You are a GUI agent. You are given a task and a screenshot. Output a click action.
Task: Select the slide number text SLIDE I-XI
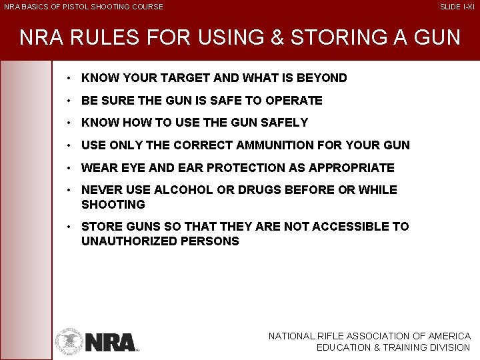click(x=457, y=7)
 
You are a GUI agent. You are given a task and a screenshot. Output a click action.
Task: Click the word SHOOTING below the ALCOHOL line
click(x=113, y=205)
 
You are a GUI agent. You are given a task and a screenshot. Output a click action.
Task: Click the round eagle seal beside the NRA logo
click(x=69, y=341)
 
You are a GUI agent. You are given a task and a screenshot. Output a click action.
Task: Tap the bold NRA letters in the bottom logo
click(x=110, y=342)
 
